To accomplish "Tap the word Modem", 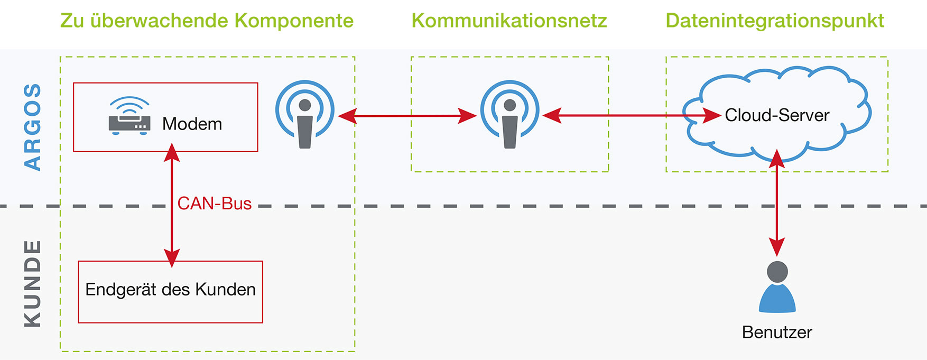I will click(x=192, y=124).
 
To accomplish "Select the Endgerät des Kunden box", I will click(x=170, y=291).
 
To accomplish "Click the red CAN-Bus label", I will click(x=214, y=204).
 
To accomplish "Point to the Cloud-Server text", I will click(x=777, y=115).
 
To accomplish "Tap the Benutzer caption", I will click(x=777, y=332).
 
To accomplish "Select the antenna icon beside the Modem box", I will click(x=305, y=114).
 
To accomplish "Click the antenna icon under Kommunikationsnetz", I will click(x=510, y=114).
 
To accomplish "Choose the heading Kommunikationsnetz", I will click(x=509, y=21).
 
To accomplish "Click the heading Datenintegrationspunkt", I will click(x=774, y=21).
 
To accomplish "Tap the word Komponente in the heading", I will click(x=294, y=21).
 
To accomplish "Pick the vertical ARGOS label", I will click(x=33, y=127).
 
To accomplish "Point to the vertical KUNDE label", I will click(x=33, y=283).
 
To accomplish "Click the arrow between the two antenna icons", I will click(x=407, y=115).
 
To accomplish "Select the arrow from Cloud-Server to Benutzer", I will click(x=777, y=204).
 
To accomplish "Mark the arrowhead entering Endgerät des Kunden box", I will click(x=172, y=257).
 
